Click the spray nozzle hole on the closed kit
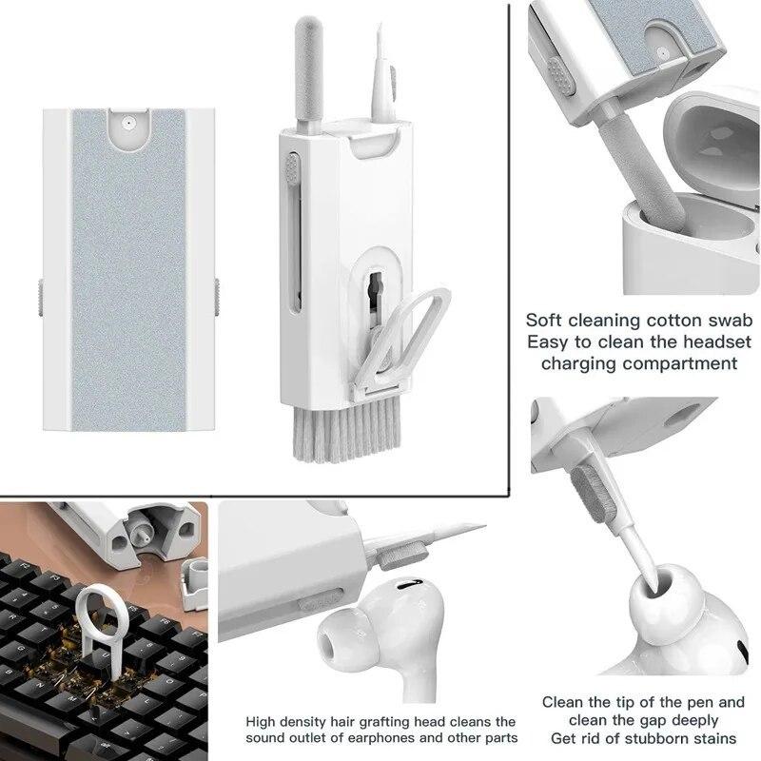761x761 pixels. coord(127,123)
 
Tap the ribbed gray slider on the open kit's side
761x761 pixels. coord(293,172)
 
